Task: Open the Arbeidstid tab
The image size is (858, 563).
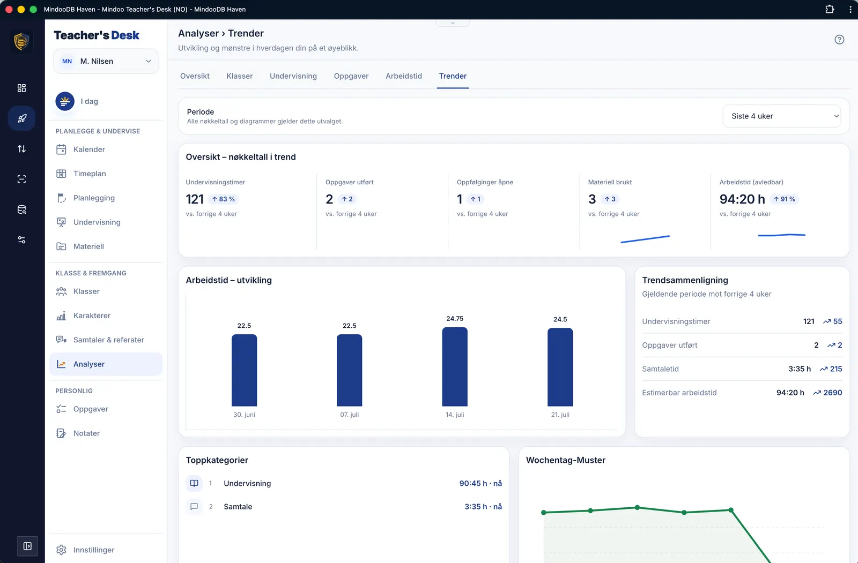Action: (404, 76)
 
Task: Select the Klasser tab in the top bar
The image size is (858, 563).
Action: (239, 76)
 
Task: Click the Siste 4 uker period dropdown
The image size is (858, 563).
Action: (781, 116)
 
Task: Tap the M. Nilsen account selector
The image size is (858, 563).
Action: (106, 61)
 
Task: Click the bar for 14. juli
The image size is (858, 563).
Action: (455, 366)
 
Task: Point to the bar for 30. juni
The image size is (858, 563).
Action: (244, 370)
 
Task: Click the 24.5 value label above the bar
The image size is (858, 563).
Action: (560, 319)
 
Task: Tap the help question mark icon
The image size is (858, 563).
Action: (839, 40)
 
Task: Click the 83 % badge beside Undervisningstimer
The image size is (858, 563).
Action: (223, 199)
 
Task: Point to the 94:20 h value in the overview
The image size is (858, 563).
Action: (742, 199)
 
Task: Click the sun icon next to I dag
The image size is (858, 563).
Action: (65, 101)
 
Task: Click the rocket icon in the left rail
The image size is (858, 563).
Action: (22, 118)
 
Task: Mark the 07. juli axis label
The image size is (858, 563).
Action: (349, 415)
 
